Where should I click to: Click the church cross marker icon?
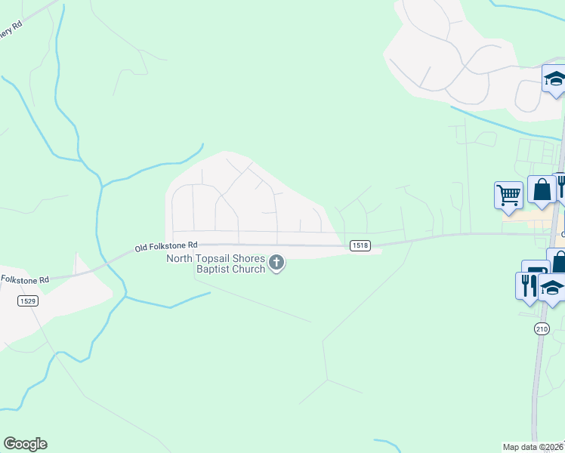pyautogui.click(x=276, y=263)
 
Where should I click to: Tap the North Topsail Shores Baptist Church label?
pyautogui.click(x=216, y=264)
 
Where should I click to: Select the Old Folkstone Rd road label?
pyautogui.click(x=166, y=246)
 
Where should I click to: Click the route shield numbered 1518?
pyautogui.click(x=360, y=246)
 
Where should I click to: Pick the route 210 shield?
pyautogui.click(x=542, y=328)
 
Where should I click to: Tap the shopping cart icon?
pyautogui.click(x=508, y=195)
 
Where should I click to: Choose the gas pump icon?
pyautogui.click(x=535, y=273)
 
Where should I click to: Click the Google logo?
pyautogui.click(x=25, y=444)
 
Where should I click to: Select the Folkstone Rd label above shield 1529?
pyautogui.click(x=24, y=279)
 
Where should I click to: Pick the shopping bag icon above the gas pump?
pyautogui.click(x=557, y=261)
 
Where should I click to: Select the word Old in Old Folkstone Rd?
pyautogui.click(x=143, y=247)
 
